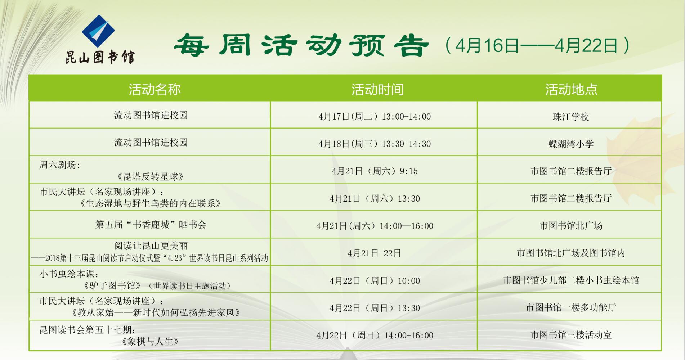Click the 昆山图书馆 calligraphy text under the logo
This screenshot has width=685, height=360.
click(100, 57)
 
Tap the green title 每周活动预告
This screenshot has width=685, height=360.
click(301, 45)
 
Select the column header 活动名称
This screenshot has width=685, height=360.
click(155, 89)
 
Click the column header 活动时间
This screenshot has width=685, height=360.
click(377, 89)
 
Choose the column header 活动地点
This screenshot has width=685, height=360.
click(571, 89)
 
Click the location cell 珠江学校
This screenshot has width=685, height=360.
click(571, 117)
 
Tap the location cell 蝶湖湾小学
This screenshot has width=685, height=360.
click(571, 144)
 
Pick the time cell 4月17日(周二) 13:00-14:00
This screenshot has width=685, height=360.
click(375, 117)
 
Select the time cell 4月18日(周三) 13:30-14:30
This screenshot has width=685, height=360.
click(375, 144)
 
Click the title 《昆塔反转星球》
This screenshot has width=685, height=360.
click(151, 177)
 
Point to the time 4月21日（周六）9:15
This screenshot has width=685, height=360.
click(375, 171)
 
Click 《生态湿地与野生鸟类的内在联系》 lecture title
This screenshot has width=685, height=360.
click(151, 203)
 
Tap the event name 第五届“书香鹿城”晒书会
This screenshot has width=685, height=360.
click(151, 225)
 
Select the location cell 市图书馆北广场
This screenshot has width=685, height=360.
click(571, 226)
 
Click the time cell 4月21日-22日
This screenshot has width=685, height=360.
click(375, 253)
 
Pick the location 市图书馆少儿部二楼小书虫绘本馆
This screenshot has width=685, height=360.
click(571, 280)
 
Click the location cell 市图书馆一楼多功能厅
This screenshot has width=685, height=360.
click(571, 307)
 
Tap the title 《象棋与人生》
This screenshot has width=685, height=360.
click(151, 341)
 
